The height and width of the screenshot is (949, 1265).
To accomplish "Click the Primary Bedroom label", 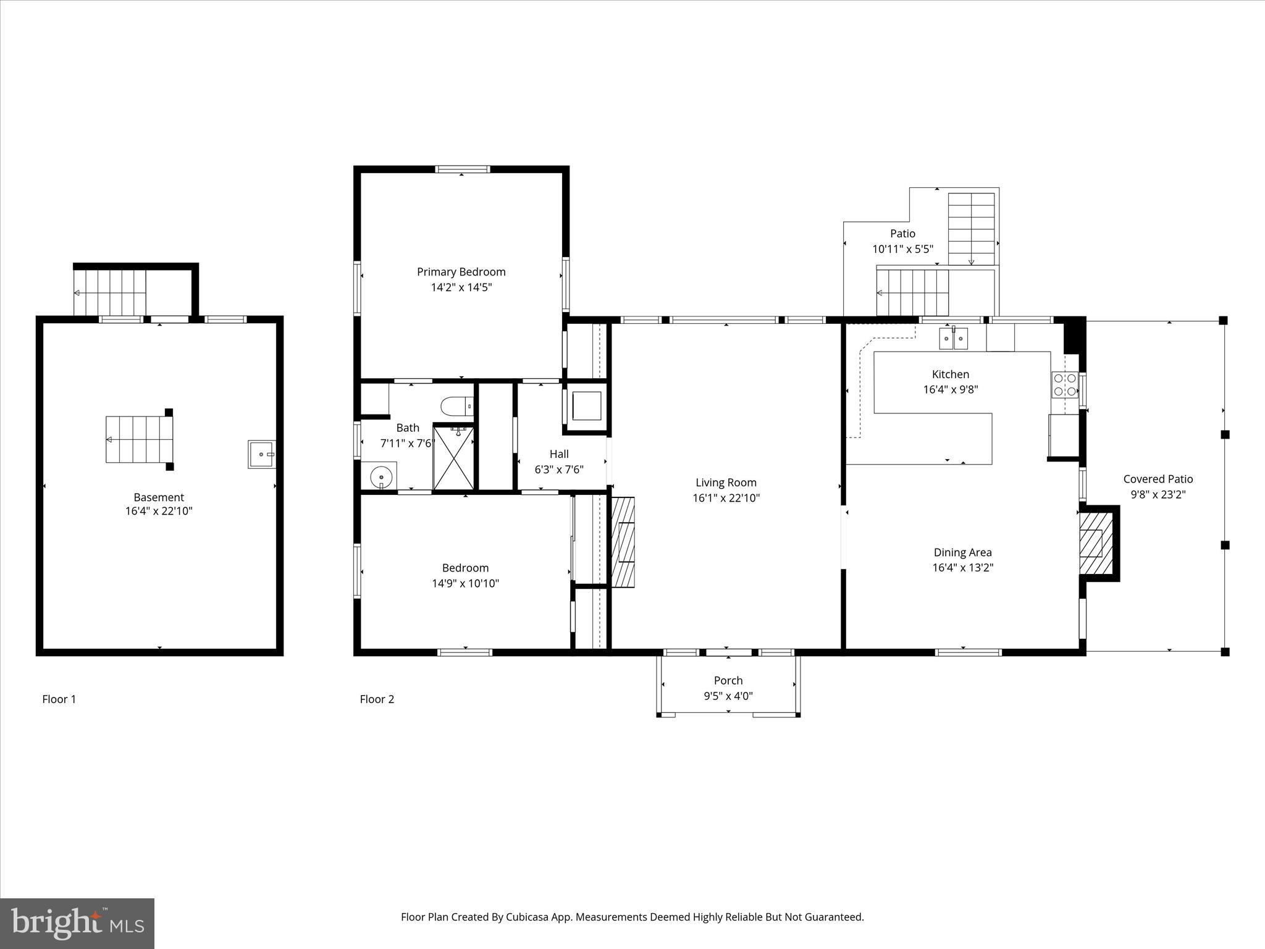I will (x=461, y=272).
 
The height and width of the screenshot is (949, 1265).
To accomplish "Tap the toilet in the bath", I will (x=456, y=407).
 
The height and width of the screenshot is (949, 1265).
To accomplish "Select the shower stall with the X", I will (x=454, y=458).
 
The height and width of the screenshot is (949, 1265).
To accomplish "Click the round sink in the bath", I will (x=381, y=476).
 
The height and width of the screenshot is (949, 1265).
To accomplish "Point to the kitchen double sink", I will (x=953, y=339).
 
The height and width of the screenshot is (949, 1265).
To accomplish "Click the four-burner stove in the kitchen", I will (x=1064, y=384).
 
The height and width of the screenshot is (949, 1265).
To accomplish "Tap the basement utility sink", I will (x=262, y=454).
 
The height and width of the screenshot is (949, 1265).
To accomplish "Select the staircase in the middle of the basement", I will (x=137, y=439).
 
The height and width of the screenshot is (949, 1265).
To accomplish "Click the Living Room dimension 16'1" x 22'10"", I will (x=726, y=498).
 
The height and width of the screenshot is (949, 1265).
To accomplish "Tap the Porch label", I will (x=728, y=680).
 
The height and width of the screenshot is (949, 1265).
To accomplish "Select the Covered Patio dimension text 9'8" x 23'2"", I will (x=1158, y=494).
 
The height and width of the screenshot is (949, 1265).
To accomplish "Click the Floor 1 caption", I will (x=59, y=699).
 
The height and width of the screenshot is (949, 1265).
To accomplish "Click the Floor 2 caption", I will (x=377, y=699).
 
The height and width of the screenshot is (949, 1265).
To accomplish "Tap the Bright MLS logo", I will (x=77, y=923).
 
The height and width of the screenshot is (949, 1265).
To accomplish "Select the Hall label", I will (x=559, y=454).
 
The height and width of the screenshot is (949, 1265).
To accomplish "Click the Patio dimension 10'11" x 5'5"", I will (x=902, y=249).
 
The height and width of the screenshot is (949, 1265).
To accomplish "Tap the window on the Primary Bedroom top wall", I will (x=462, y=169).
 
